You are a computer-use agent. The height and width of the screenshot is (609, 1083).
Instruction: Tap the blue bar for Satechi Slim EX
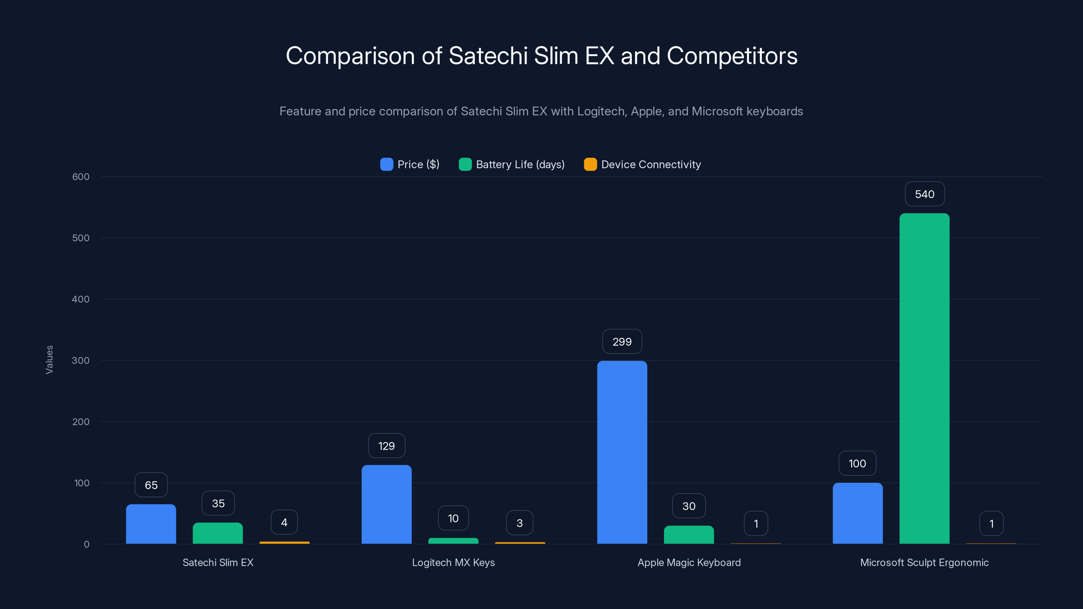(151, 524)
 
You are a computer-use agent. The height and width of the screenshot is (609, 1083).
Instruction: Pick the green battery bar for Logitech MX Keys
(453, 541)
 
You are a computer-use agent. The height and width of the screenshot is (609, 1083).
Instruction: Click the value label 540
(925, 194)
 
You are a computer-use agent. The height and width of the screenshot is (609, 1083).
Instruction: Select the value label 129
(386, 446)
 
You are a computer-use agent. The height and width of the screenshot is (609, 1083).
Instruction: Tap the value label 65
(151, 485)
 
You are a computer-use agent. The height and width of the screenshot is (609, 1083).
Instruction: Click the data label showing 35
(218, 503)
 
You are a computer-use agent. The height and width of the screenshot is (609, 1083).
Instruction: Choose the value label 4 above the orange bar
(284, 522)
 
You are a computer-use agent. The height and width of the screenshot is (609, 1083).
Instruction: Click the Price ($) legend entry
(410, 164)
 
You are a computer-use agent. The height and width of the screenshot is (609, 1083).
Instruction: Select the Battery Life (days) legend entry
(512, 164)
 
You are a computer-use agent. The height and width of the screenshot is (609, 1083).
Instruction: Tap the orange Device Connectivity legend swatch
(590, 164)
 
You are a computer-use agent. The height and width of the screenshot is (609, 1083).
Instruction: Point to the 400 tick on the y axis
(81, 299)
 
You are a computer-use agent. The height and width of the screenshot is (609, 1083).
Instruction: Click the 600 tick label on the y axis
(81, 177)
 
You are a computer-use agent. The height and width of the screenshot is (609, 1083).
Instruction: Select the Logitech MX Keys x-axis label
(453, 562)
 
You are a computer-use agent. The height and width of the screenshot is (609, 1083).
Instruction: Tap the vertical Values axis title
(49, 360)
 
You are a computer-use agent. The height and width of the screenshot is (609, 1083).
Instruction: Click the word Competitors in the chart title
(732, 56)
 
